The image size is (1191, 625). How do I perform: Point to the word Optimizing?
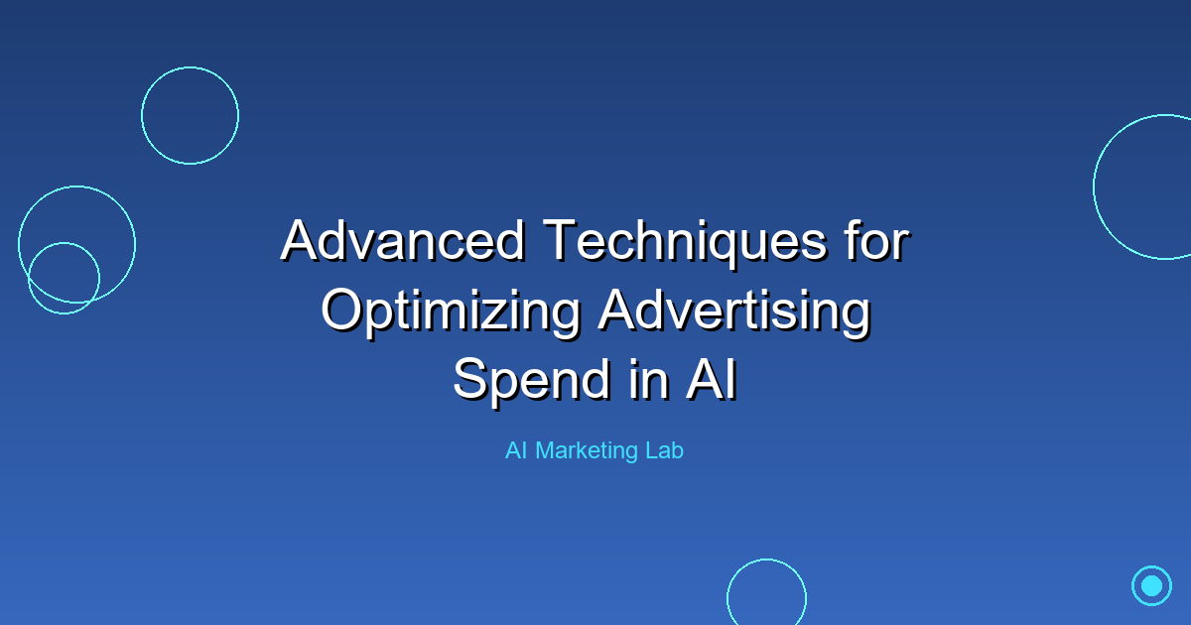[x=451, y=312]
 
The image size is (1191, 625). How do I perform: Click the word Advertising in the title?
[x=733, y=312]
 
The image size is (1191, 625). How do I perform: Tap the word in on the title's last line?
[x=646, y=381]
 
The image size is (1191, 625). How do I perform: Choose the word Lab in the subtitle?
[x=662, y=450]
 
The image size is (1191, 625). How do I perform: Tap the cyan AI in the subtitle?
[x=515, y=450]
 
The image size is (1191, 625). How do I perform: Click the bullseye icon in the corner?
[x=1151, y=585]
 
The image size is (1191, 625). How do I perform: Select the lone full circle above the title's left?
[x=190, y=115]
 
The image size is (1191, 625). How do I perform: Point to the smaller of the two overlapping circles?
[x=64, y=278]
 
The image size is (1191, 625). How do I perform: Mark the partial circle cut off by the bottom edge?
[x=766, y=595]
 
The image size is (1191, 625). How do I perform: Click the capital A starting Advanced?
[x=299, y=240]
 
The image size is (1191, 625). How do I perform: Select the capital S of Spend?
[x=471, y=381]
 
